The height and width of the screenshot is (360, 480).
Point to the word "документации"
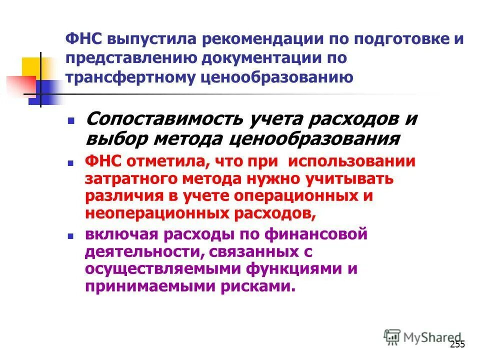point(261,58)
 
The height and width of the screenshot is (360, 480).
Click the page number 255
point(457,344)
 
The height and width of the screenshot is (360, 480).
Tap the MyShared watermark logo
point(423,337)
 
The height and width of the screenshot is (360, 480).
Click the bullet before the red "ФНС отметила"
point(71,163)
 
